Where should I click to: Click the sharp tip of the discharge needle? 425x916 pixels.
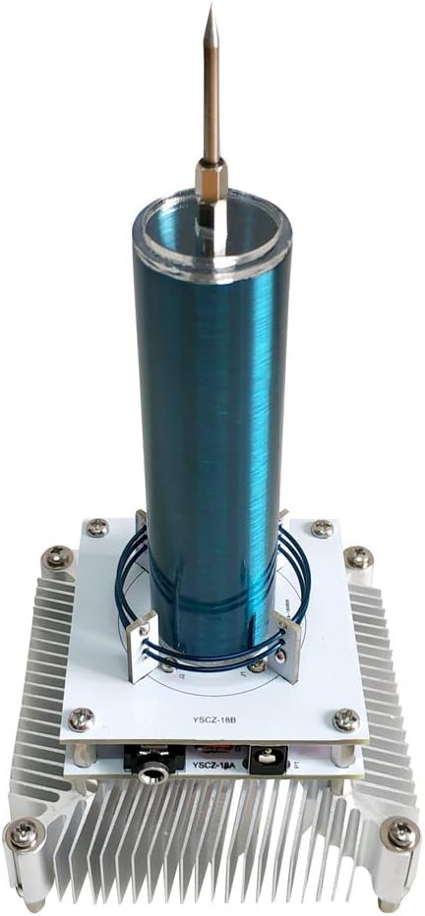tap(210, 9)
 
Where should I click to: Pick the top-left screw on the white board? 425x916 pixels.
tap(97, 528)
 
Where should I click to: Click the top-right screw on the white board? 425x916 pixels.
tap(322, 529)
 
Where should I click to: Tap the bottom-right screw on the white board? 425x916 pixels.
tap(345, 719)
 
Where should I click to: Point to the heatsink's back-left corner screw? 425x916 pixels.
tap(56, 558)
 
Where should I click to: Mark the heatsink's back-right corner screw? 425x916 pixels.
tap(359, 558)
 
